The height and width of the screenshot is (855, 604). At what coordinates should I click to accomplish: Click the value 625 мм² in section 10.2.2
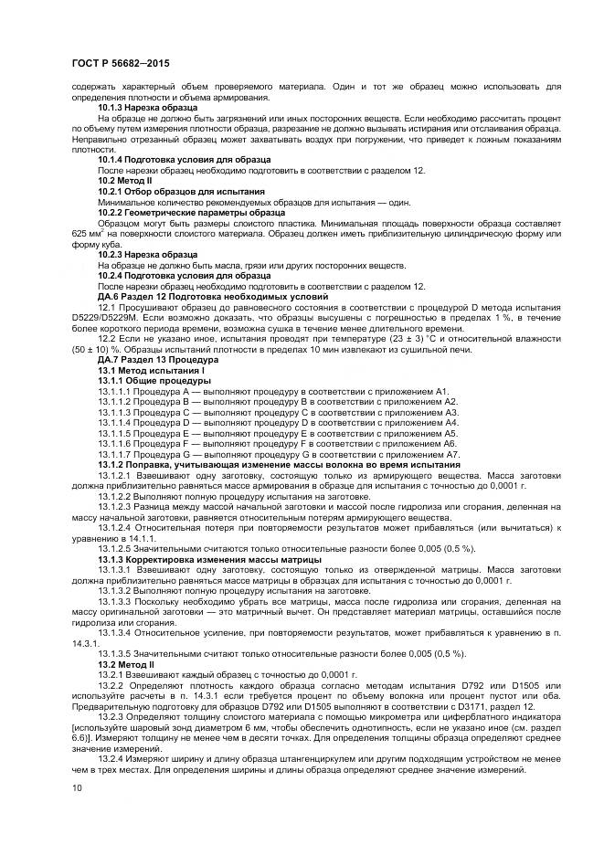(86, 235)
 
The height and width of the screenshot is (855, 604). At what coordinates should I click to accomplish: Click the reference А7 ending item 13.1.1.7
(450, 454)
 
